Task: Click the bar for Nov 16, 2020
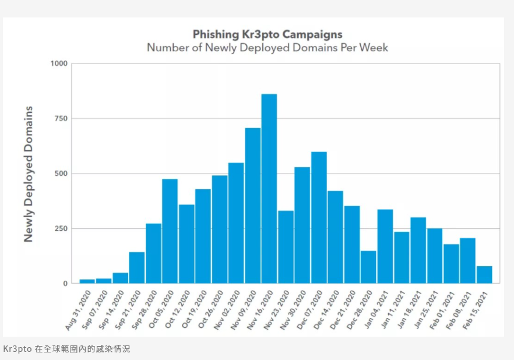(x=269, y=189)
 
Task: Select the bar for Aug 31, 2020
(x=87, y=281)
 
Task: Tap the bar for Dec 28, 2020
(x=368, y=267)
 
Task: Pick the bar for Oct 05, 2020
(x=170, y=231)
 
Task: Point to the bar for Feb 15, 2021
(x=484, y=275)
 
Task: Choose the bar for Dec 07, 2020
(x=319, y=217)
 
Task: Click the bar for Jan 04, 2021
(x=385, y=246)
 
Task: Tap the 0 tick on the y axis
(x=65, y=284)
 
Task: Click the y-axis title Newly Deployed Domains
(x=29, y=174)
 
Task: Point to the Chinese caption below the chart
(x=67, y=349)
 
